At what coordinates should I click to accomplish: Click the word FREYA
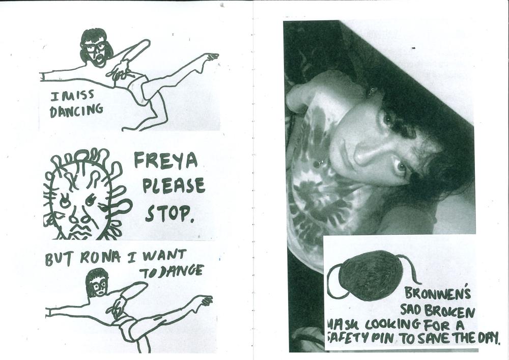coord(165,160)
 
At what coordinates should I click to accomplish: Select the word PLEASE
coord(174,186)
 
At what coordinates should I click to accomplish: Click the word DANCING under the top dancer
coord(76,110)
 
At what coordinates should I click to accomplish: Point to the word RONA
coord(100,258)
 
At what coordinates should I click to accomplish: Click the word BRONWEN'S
coord(437,293)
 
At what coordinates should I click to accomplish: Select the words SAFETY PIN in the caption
coord(360,338)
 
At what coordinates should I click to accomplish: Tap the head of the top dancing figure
coord(96,47)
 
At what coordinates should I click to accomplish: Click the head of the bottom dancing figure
coord(97,283)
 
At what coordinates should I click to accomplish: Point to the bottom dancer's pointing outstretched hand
coord(206,300)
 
